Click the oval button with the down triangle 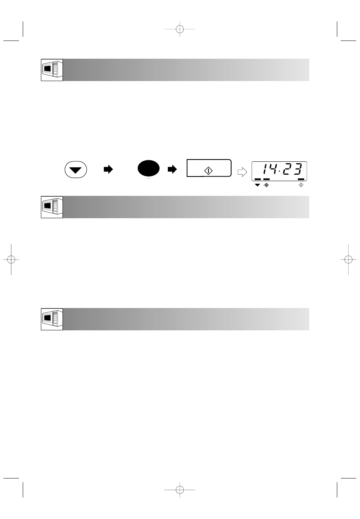(x=76, y=169)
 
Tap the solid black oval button (x=149, y=168)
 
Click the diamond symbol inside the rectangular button (x=208, y=171)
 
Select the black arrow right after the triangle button (x=108, y=169)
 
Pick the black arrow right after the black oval (x=172, y=169)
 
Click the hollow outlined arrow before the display (x=243, y=172)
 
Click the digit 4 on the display (x=273, y=169)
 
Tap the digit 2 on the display (x=286, y=169)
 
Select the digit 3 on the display (x=297, y=169)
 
